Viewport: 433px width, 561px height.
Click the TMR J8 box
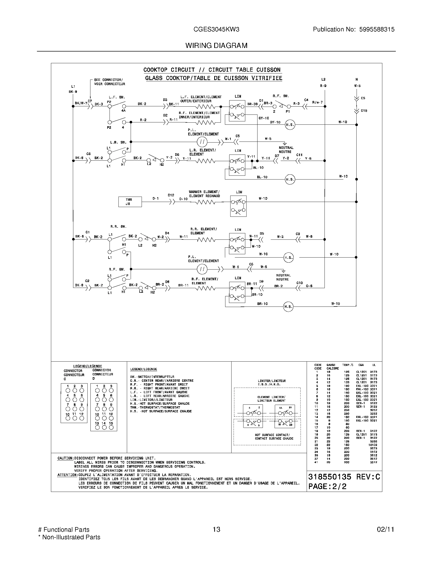[130, 202]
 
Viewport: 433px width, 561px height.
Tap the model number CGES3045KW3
[216, 30]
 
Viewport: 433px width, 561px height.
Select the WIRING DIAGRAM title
[216, 45]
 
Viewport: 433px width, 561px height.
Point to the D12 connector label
[171, 195]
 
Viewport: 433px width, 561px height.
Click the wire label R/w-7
[317, 103]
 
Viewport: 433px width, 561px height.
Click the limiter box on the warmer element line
[238, 206]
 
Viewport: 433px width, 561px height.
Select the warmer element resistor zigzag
[205, 202]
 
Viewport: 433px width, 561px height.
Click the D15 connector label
[364, 111]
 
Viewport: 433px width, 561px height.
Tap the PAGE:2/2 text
[327, 487]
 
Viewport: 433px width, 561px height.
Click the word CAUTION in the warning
[65, 458]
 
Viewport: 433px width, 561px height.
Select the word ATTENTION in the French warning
[67, 475]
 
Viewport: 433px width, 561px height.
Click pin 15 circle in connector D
[111, 427]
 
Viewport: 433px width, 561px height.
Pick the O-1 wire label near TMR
[155, 198]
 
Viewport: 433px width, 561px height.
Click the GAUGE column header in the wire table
[331, 365]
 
